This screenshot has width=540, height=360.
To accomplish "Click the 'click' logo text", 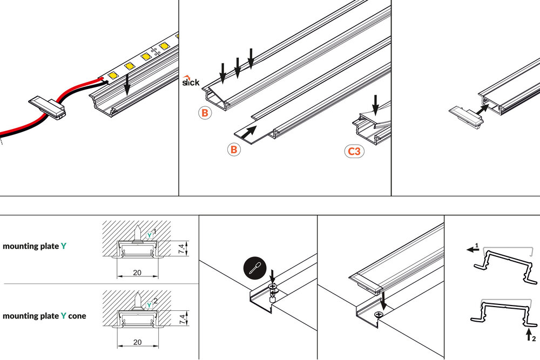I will coord(191,82).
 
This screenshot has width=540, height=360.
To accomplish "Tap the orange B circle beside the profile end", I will coord(204,113).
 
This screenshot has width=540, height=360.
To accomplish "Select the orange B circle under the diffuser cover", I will coord(233,150).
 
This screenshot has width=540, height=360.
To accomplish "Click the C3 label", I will coord(354,151).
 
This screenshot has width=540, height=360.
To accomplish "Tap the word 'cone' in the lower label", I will coord(77,316).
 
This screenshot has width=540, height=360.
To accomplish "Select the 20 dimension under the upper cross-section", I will coord(137,273).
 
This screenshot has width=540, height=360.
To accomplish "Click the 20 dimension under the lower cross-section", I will coord(137,342).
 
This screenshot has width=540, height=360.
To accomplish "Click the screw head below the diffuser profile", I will coord(383,315).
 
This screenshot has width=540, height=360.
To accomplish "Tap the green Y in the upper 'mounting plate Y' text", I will coord(64,246).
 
